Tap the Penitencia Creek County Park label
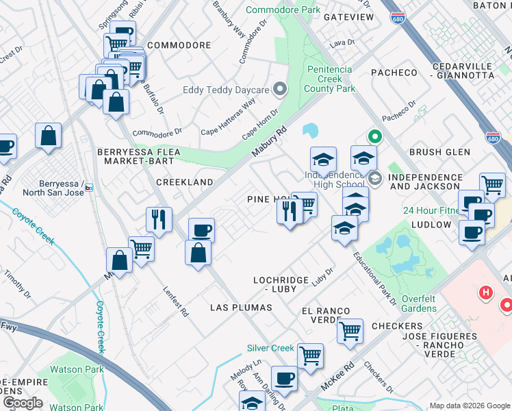329,79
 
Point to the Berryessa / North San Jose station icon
88,188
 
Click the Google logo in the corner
22,402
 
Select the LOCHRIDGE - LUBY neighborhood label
284,284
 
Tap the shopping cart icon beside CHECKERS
350,331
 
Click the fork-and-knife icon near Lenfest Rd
159,219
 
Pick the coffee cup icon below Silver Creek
283,377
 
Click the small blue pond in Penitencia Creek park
310,129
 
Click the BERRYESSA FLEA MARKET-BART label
139,156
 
